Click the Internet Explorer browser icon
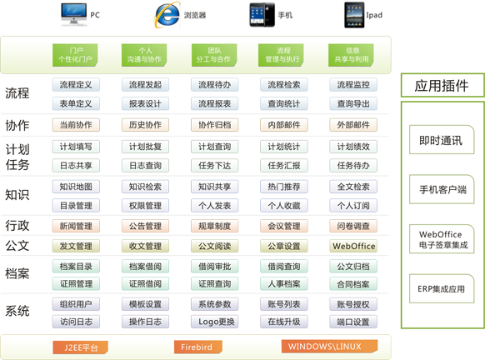(x=167, y=15)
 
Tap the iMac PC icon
(x=74, y=14)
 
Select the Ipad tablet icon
(x=354, y=15)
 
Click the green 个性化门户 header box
(x=75, y=55)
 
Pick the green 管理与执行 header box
(x=281, y=55)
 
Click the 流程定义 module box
(x=76, y=85)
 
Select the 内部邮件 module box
(x=284, y=125)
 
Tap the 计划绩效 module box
(x=353, y=147)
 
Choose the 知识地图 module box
(x=76, y=187)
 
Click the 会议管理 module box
(x=284, y=226)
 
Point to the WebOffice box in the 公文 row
(x=353, y=246)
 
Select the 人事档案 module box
(x=284, y=283)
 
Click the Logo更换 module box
(x=215, y=322)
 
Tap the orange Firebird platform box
(x=198, y=347)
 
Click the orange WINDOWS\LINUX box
(x=329, y=347)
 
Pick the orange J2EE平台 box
(x=81, y=347)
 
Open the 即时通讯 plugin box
(x=442, y=140)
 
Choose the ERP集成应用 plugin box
(x=442, y=289)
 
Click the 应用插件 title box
(x=442, y=85)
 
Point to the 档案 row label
(x=17, y=273)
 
